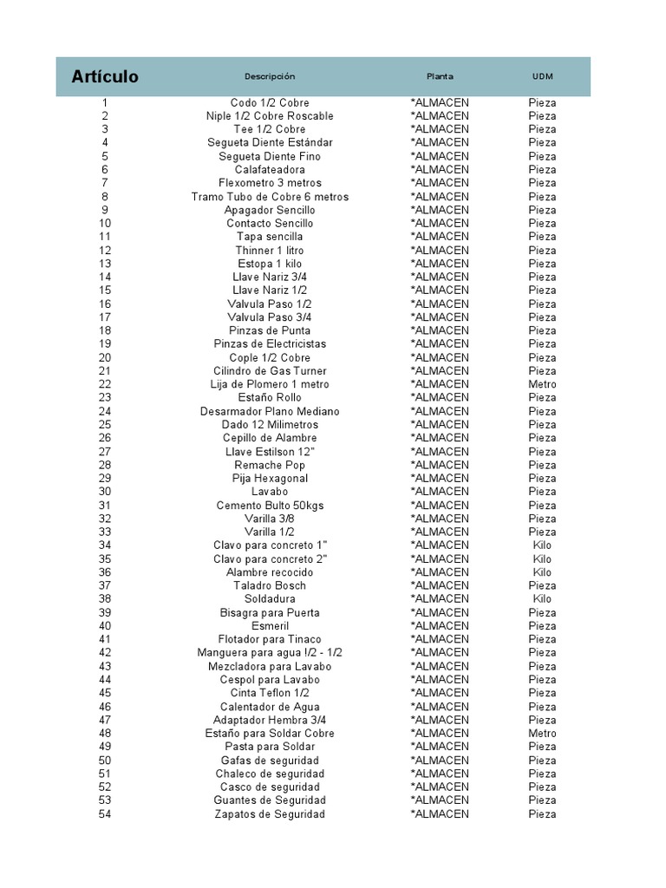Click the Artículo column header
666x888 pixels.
click(105, 76)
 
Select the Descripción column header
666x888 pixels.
click(270, 76)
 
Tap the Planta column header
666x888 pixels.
click(440, 76)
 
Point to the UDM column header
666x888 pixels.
click(542, 76)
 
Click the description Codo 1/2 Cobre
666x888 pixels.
click(270, 102)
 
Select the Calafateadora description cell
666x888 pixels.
click(270, 169)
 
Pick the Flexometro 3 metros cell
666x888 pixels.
click(270, 183)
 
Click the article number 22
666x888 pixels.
click(105, 384)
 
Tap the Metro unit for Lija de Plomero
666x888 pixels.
click(542, 384)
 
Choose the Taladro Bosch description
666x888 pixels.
click(270, 585)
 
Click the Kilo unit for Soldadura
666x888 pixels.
click(542, 598)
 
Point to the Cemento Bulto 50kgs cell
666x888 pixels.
click(270, 505)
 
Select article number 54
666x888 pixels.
click(105, 813)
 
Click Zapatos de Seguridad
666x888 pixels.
click(270, 813)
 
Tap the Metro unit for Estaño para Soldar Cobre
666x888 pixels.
click(542, 733)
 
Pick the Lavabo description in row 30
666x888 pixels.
click(270, 492)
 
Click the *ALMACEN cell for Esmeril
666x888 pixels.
click(440, 625)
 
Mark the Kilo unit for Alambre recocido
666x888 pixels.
click(542, 572)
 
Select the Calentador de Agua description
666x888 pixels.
click(270, 707)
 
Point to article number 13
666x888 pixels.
click(105, 264)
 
